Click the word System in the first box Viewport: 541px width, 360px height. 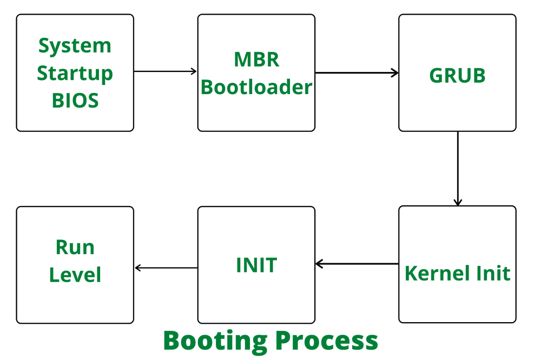click(x=75, y=46)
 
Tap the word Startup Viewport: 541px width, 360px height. click(x=75, y=74)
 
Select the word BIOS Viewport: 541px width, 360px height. click(x=75, y=101)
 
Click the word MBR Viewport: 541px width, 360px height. click(x=256, y=59)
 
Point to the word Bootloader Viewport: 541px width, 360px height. click(x=256, y=87)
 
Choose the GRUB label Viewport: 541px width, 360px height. click(x=457, y=76)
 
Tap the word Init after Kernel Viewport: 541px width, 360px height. click(x=490, y=274)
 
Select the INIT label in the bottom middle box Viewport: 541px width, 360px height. click(x=256, y=265)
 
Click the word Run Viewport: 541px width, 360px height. click(x=75, y=248)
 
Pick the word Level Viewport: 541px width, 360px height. click(x=75, y=275)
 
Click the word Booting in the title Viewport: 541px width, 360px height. click(x=215, y=341)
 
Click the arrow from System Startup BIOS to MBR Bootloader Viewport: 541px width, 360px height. click(x=166, y=71)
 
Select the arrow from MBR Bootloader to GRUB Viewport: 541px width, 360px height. click(x=357, y=73)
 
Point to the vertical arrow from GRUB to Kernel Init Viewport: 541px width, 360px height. click(x=458, y=168)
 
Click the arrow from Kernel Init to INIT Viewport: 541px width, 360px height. click(x=357, y=264)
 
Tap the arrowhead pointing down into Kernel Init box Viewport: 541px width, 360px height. click(x=458, y=202)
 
